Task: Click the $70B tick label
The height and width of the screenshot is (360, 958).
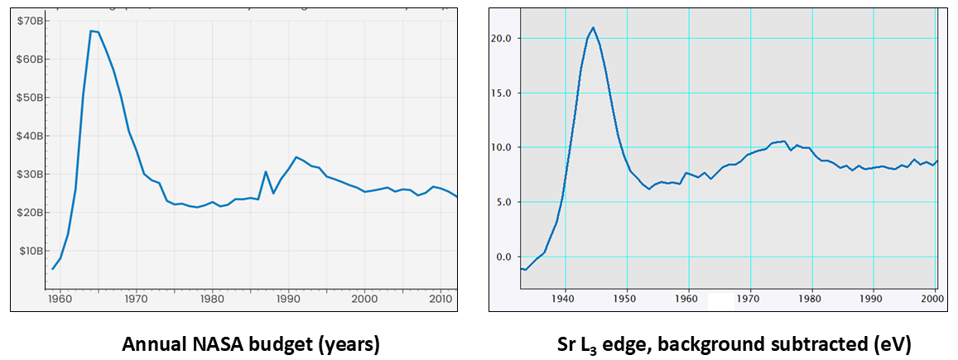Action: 31,21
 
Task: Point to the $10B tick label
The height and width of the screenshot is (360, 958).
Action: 31,251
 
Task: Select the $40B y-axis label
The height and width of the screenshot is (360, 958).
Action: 31,136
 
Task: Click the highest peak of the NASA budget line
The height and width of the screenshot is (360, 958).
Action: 90,31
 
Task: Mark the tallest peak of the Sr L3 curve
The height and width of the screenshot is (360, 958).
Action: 593,27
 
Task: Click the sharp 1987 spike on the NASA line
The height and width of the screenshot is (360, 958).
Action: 265,171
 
